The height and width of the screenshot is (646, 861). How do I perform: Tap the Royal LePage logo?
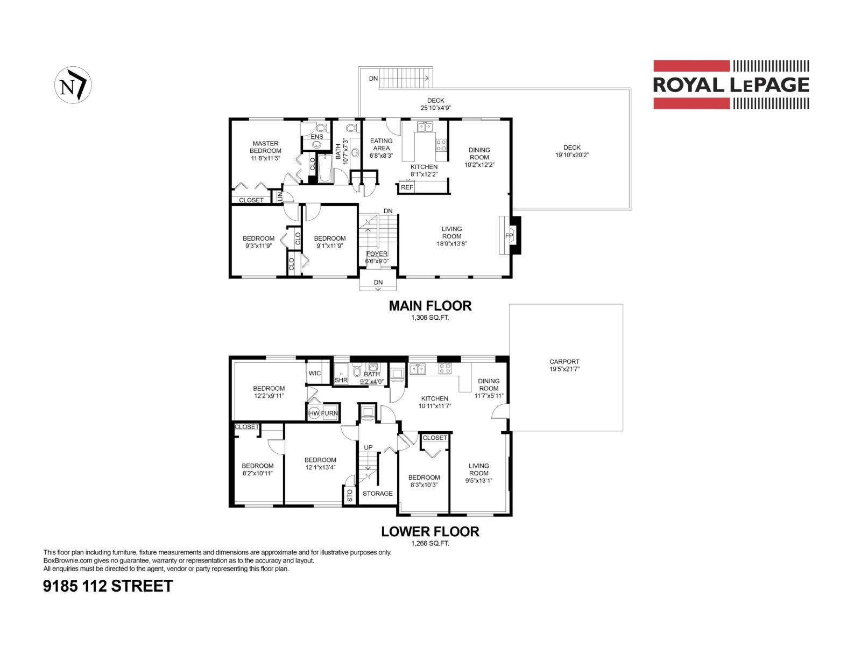731,85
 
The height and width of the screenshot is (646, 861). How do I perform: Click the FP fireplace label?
509,236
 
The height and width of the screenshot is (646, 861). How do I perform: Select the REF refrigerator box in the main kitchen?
407,187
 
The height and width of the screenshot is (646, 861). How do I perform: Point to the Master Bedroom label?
265,147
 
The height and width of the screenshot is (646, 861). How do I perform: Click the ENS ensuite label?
317,137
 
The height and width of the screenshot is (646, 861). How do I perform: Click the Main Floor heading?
430,306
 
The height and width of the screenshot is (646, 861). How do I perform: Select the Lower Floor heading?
430,531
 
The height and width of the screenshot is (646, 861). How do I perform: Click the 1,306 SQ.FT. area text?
430,318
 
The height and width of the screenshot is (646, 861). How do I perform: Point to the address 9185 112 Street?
108,586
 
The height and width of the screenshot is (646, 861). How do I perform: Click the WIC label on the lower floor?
315,373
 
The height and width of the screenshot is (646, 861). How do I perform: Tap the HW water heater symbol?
314,413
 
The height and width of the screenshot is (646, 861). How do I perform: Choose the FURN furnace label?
329,413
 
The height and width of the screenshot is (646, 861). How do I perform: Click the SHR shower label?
341,380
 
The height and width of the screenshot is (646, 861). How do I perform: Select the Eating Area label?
381,144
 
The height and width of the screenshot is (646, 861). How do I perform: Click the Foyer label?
377,254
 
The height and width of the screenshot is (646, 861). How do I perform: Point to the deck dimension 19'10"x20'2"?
571,155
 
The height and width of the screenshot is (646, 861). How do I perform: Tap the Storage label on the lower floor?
377,493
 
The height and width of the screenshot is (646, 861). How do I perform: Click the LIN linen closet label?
280,197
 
